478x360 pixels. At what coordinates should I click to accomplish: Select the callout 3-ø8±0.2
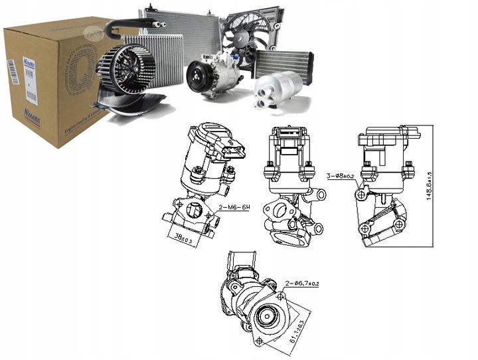point(344,176)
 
